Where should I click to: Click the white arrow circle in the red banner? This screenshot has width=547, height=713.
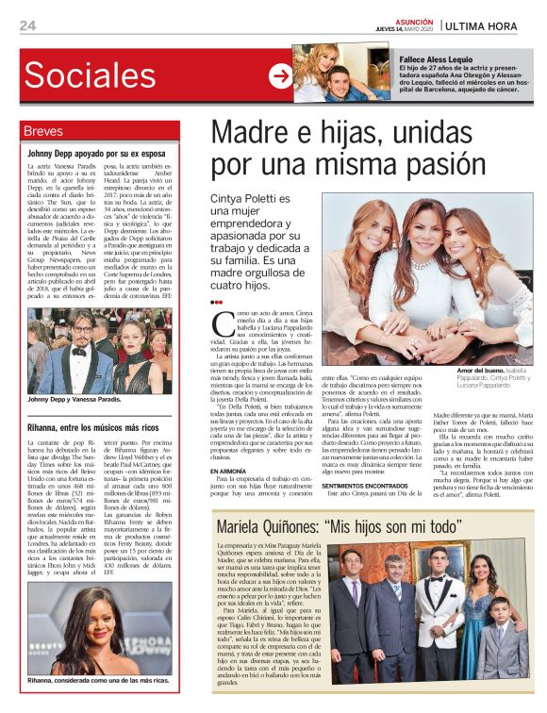coord(279,76)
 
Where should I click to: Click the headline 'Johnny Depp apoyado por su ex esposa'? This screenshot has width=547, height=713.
coord(96,152)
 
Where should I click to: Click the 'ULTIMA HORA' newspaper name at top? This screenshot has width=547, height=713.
coord(488,25)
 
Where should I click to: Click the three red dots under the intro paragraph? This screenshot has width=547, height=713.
coord(216,303)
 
